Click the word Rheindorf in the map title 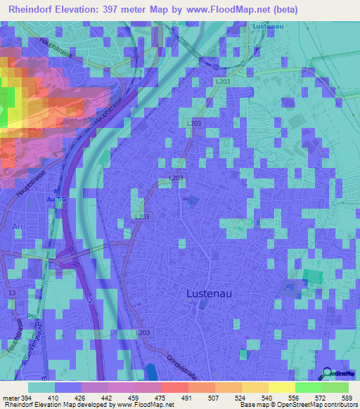click(x=32, y=9)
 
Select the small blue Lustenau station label click(x=266, y=26)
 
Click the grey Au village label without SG click(x=17, y=226)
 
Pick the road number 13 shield click(x=11, y=292)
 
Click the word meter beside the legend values click(x=10, y=397)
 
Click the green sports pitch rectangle click(x=315, y=277)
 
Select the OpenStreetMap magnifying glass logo click(x=327, y=372)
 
